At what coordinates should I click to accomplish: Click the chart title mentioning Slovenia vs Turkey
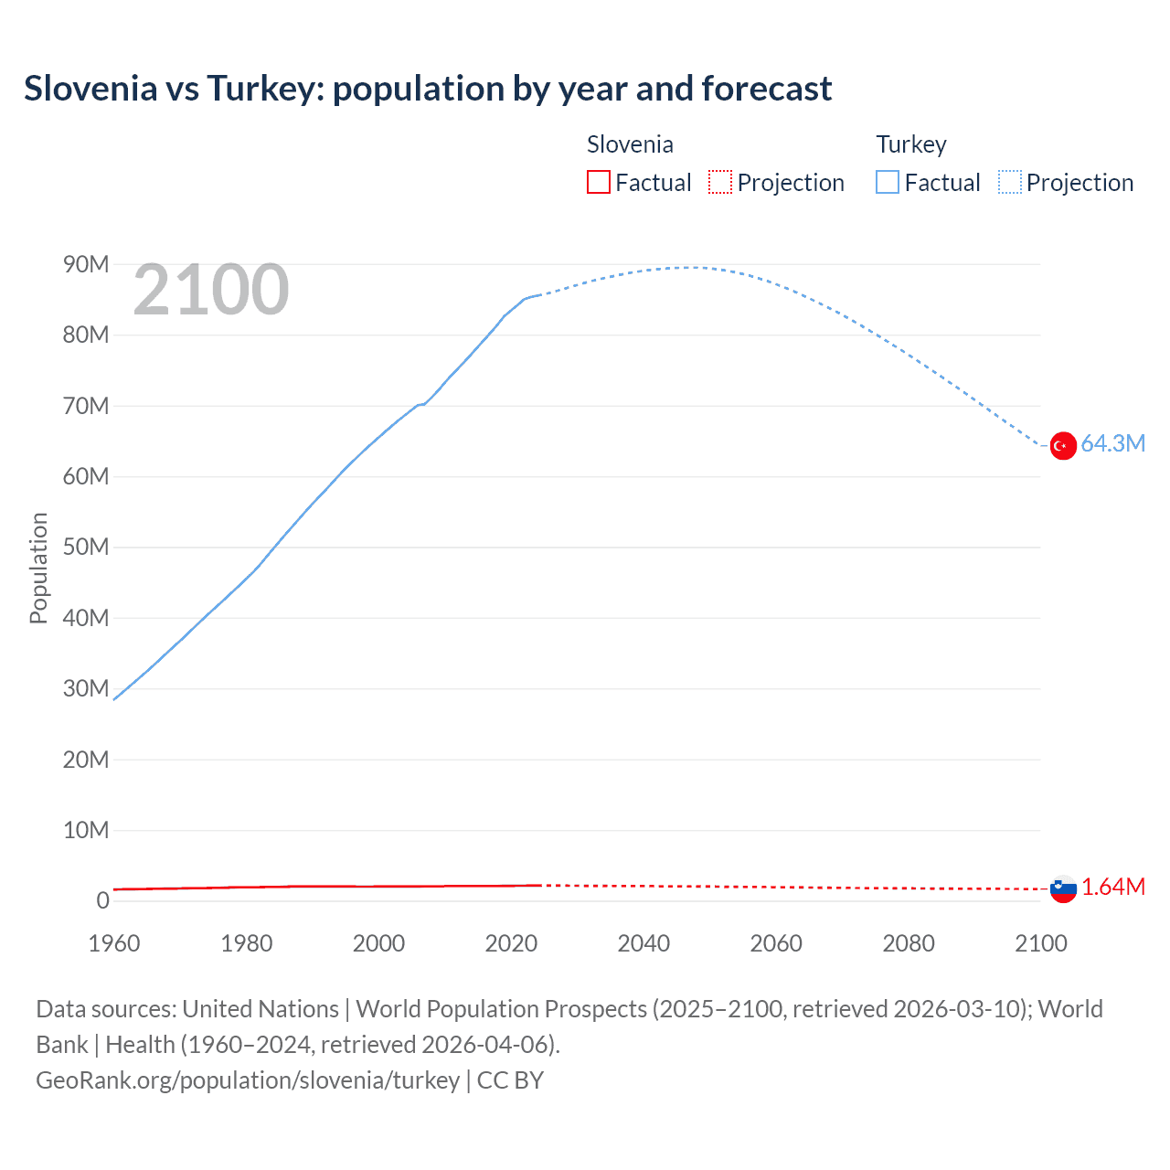click(428, 89)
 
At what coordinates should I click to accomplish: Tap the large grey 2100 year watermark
click(211, 290)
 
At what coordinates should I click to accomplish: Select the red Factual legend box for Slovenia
click(599, 182)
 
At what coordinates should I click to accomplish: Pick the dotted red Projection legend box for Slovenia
click(720, 182)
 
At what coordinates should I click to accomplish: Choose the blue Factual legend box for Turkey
click(888, 182)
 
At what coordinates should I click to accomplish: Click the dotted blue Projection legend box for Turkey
click(1010, 182)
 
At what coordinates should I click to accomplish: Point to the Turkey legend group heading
click(911, 144)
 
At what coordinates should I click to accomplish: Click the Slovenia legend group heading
click(630, 144)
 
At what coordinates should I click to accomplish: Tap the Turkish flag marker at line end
click(1063, 446)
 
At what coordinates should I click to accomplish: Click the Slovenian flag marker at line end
click(1063, 888)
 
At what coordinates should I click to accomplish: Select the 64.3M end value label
click(1112, 443)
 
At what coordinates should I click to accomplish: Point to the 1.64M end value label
click(1113, 887)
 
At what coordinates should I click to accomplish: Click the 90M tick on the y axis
click(86, 264)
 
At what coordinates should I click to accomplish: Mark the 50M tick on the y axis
click(86, 547)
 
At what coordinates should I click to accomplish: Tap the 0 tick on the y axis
click(102, 900)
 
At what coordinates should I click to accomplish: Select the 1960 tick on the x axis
click(114, 943)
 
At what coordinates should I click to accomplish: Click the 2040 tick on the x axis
click(643, 943)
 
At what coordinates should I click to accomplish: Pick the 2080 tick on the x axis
click(909, 943)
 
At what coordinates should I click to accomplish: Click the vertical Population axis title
click(38, 568)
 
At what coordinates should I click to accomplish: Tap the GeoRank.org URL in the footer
click(248, 1080)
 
